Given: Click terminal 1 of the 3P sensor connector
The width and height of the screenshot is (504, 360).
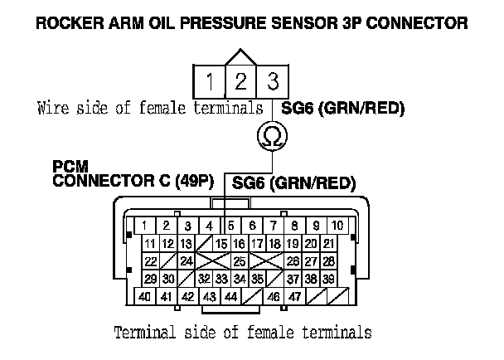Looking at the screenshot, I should (210, 82).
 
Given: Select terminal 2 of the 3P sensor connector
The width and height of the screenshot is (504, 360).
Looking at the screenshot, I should (240, 82).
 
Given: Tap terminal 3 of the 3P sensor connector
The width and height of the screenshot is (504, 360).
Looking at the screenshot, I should (271, 82).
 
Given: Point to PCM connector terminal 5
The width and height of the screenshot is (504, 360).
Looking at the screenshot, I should (230, 226).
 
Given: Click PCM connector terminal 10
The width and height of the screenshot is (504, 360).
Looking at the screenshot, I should (337, 226).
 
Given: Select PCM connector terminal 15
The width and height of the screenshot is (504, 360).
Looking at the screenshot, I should (221, 243).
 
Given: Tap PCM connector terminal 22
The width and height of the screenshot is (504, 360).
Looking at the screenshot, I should (151, 260).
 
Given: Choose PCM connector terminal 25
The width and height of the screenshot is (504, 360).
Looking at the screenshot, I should (239, 260).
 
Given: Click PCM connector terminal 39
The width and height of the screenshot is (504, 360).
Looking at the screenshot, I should (329, 278).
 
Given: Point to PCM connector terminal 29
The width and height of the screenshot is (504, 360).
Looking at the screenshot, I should (151, 278).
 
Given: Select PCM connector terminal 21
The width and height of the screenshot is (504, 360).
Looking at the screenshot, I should (329, 243).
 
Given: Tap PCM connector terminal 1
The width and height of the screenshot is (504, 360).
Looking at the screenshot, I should (144, 226).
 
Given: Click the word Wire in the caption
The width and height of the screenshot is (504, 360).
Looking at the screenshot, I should (51, 108).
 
